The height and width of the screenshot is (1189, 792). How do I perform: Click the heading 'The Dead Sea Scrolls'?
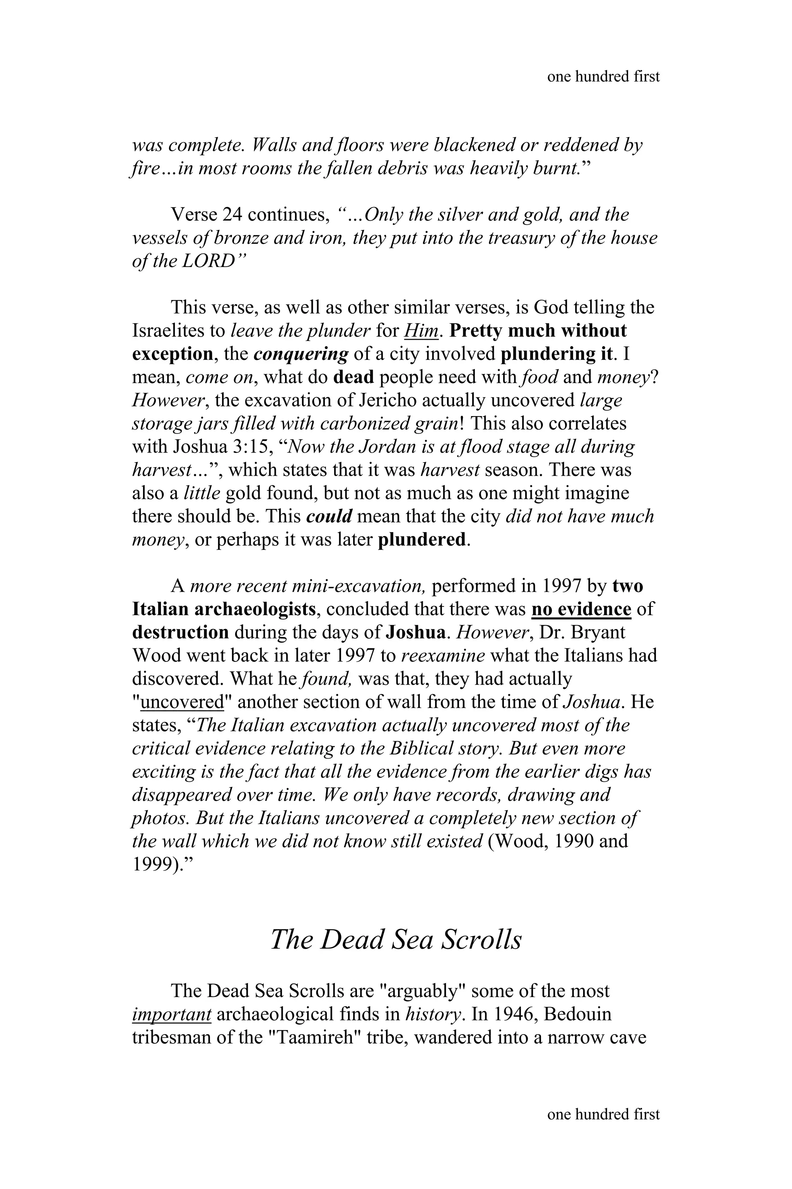[396, 940]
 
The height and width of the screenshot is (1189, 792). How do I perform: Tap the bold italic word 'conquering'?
[300, 354]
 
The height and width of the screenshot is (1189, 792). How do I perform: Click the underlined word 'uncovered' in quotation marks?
[182, 702]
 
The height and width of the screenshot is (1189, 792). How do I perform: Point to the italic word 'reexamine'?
[442, 656]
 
